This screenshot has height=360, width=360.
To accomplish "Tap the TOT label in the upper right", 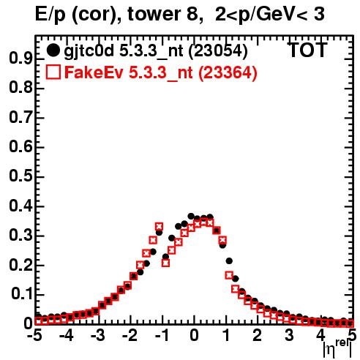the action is (307, 50).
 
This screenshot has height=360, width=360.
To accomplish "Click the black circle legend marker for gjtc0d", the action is (53, 50).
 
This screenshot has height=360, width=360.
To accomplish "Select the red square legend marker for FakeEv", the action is (53, 72).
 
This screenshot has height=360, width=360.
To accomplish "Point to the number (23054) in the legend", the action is (218, 50).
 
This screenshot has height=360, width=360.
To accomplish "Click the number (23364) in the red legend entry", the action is (228, 72).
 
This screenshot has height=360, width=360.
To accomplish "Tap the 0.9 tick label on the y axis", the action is (20, 59).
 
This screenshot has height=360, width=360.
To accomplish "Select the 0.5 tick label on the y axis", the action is (20, 176).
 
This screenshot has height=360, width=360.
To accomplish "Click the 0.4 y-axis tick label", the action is (20, 206).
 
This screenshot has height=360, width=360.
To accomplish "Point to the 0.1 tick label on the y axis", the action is (21, 295).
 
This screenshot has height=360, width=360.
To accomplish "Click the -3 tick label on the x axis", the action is (98, 335).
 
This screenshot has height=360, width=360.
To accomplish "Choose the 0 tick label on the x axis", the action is (194, 335).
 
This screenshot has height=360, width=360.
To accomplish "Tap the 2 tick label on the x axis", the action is (257, 335).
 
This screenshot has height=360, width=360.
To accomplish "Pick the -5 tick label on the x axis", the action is (35, 335).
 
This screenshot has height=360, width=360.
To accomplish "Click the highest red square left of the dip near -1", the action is (159, 227).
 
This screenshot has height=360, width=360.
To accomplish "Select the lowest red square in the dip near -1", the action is (165, 263).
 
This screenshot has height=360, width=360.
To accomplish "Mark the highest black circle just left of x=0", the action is (191, 216).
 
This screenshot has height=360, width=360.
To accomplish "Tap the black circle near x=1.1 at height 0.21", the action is (229, 261).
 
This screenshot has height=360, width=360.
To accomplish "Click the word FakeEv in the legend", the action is (94, 72).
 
